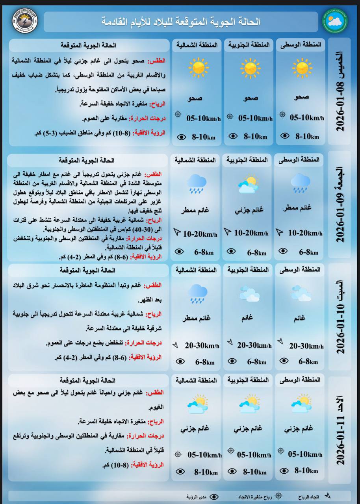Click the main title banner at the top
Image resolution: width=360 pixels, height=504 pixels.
181,22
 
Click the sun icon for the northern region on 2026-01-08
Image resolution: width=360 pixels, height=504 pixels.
198,68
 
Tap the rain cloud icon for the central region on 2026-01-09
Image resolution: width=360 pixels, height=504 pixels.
301,183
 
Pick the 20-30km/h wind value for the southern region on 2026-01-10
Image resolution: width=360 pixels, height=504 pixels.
254,345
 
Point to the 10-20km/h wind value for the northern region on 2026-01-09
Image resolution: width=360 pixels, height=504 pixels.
200,234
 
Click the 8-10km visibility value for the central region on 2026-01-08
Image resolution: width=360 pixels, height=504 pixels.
306,136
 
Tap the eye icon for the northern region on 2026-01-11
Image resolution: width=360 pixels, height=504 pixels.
180,471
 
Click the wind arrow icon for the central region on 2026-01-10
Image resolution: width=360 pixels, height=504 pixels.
281,341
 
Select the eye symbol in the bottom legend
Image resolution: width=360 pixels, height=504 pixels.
214,497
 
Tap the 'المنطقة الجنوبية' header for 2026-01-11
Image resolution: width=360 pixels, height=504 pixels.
248,380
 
